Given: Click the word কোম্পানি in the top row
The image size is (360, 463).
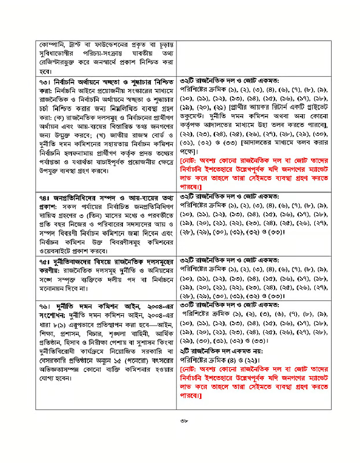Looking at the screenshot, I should point(50,45).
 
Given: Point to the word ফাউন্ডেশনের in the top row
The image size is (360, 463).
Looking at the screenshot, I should point(109,45).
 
